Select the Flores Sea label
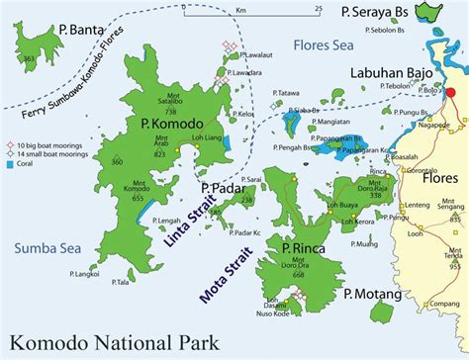(x=321, y=45)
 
